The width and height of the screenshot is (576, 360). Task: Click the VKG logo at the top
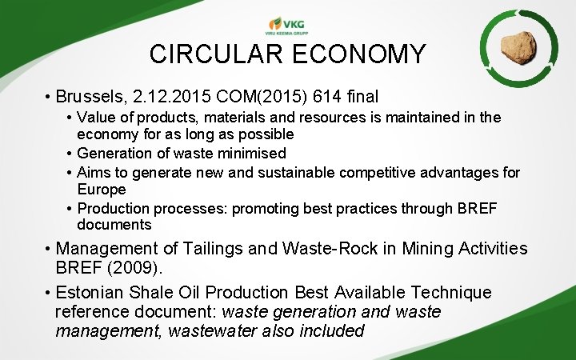coord(287,25)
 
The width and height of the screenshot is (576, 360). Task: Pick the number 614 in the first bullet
coord(321,98)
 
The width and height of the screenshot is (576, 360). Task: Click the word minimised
coord(246,153)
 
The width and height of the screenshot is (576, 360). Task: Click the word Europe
coord(102,190)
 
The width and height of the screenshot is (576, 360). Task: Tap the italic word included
coord(326,330)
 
